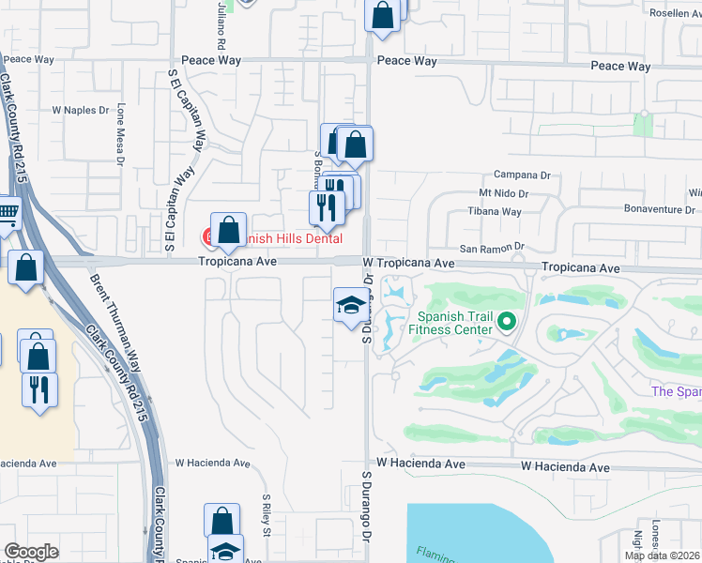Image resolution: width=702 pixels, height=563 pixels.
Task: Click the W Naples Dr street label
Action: point(81,110)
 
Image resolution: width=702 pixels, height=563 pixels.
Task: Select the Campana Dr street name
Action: point(522,175)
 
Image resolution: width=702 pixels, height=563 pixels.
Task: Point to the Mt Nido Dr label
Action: point(504,193)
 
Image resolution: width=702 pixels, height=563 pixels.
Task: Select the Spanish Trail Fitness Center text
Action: point(455,323)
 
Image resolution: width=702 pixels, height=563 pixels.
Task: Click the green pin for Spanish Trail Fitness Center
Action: point(508,323)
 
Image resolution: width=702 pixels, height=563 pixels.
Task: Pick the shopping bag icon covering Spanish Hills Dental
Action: point(228,230)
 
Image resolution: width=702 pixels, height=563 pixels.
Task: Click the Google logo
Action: point(31,552)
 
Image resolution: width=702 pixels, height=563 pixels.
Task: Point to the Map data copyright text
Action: point(662,555)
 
